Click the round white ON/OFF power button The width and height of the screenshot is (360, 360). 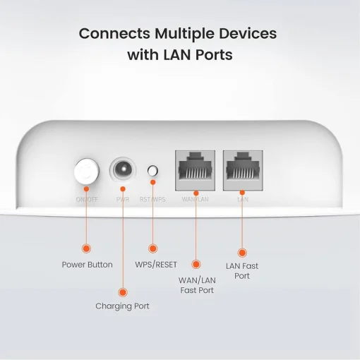click(x=86, y=171)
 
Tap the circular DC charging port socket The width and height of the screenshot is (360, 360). click(x=123, y=171)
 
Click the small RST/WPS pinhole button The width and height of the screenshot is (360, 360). click(x=152, y=171)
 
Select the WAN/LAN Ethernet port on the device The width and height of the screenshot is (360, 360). click(x=194, y=169)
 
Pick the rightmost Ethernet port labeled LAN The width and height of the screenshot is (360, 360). click(x=241, y=169)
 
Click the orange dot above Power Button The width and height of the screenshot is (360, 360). click(x=86, y=248)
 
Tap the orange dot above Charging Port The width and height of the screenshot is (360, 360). click(x=123, y=291)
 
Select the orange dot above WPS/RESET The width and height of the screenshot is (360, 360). click(x=152, y=248)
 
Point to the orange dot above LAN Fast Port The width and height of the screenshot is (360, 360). click(x=241, y=252)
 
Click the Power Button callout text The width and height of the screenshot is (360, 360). click(x=86, y=265)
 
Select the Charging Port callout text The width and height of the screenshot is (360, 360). click(x=123, y=306)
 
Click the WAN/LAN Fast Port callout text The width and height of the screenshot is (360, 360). click(x=198, y=284)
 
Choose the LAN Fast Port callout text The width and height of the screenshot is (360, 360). click(x=241, y=271)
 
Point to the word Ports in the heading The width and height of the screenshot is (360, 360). click(x=210, y=54)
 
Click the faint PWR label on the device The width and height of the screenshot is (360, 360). click(x=123, y=200)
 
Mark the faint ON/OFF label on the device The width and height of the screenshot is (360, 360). click(x=86, y=200)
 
